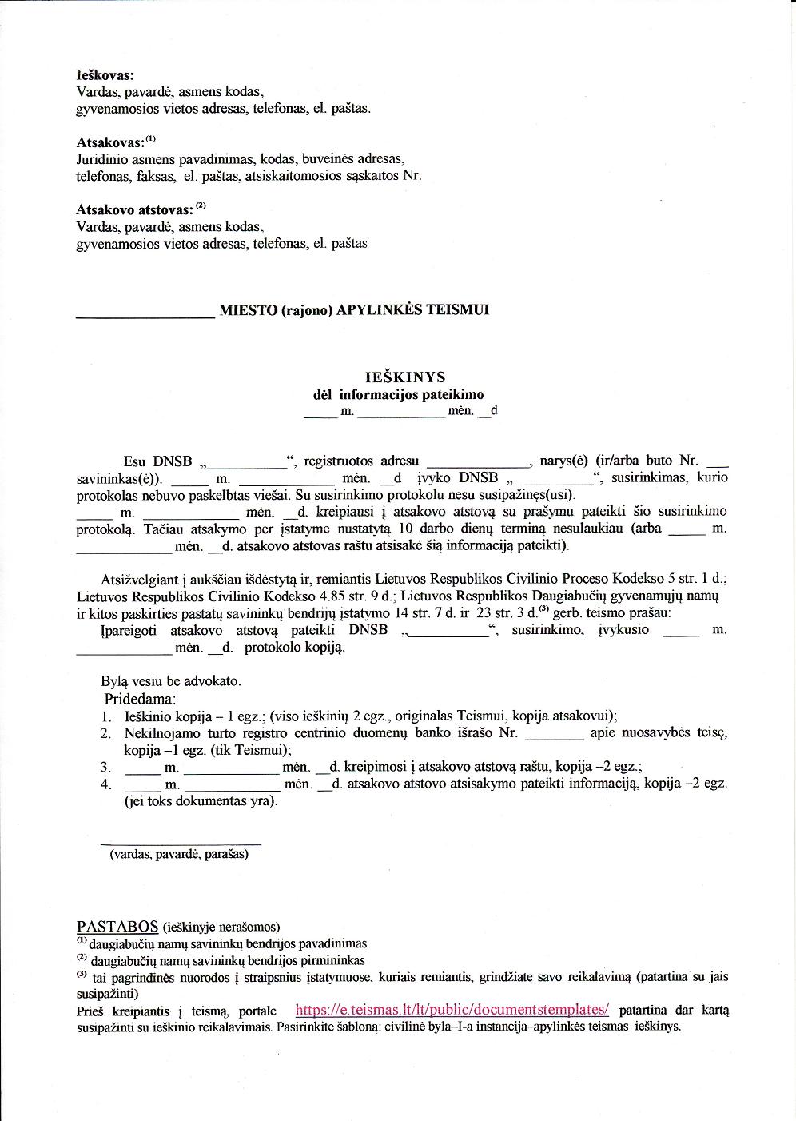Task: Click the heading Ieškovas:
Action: [105, 74]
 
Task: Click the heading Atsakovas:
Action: [110, 142]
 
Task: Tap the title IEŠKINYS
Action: [405, 377]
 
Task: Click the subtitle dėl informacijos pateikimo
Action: [398, 394]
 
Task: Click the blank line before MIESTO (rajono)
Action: [145, 317]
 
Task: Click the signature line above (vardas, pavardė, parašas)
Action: [181, 844]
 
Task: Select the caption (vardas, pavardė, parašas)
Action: [179, 854]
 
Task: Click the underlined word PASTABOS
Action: [117, 926]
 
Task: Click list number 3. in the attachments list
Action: [106, 767]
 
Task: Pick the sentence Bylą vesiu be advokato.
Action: [170, 681]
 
